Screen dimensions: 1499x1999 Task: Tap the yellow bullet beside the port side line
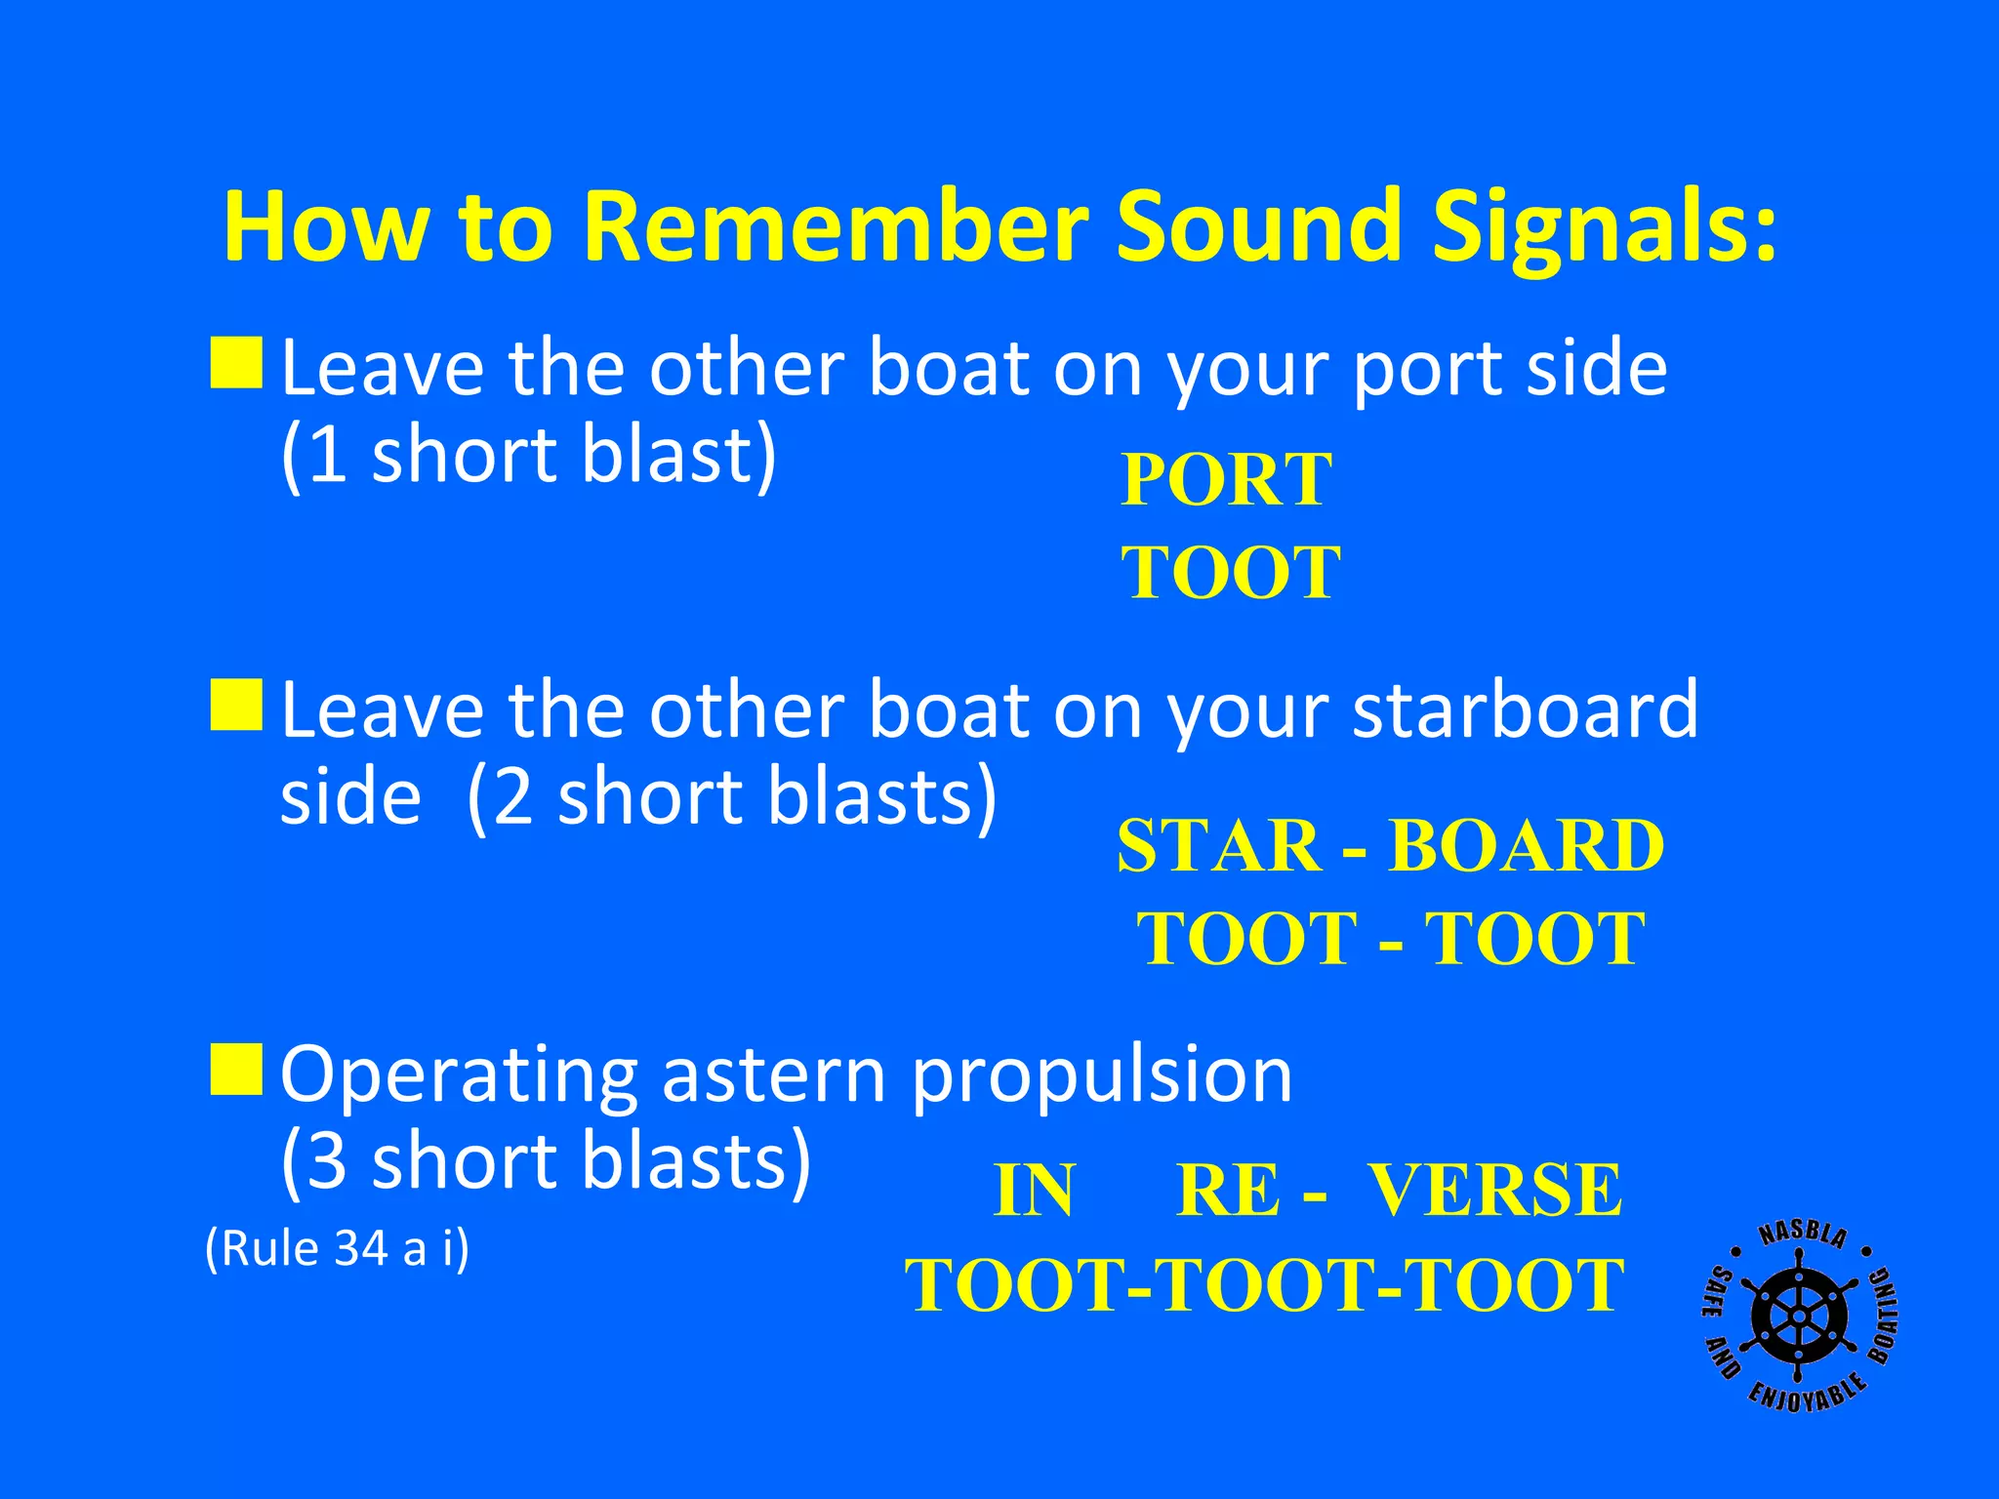pyautogui.click(x=236, y=363)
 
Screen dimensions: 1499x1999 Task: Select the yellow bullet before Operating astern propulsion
pyautogui.click(x=236, y=1069)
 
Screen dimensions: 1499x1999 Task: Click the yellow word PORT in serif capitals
pyautogui.click(x=1226, y=480)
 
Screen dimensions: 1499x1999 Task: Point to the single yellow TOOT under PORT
pyautogui.click(x=1230, y=572)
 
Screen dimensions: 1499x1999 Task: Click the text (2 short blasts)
pyautogui.click(x=732, y=796)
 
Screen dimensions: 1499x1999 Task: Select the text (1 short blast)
pyautogui.click(x=528, y=455)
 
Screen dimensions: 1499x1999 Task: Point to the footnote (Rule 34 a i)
pyautogui.click(x=337, y=1248)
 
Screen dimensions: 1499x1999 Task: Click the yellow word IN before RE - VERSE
pyautogui.click(x=1034, y=1191)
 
